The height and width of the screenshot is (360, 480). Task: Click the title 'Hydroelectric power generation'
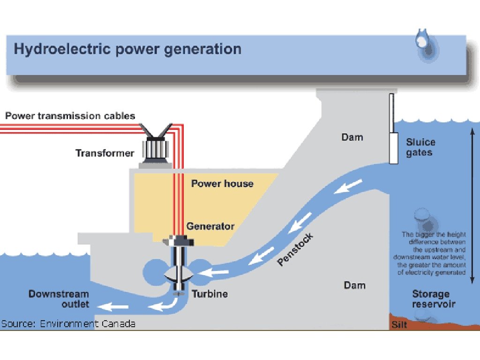(127, 49)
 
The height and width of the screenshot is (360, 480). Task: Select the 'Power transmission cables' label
(70, 115)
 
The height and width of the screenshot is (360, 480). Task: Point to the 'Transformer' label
(105, 153)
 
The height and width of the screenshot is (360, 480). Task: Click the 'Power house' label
(222, 183)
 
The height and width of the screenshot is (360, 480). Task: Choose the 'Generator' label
(210, 226)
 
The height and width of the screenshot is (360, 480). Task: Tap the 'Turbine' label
(210, 294)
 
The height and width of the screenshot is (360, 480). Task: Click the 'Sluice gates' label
(420, 147)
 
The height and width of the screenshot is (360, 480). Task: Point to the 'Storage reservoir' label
(434, 299)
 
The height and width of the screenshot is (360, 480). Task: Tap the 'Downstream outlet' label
(59, 299)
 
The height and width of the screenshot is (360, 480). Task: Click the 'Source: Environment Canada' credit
(68, 323)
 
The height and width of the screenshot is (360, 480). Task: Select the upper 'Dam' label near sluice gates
(352, 137)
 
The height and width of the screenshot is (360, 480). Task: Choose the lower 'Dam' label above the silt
(354, 285)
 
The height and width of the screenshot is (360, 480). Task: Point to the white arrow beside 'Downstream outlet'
(110, 307)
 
